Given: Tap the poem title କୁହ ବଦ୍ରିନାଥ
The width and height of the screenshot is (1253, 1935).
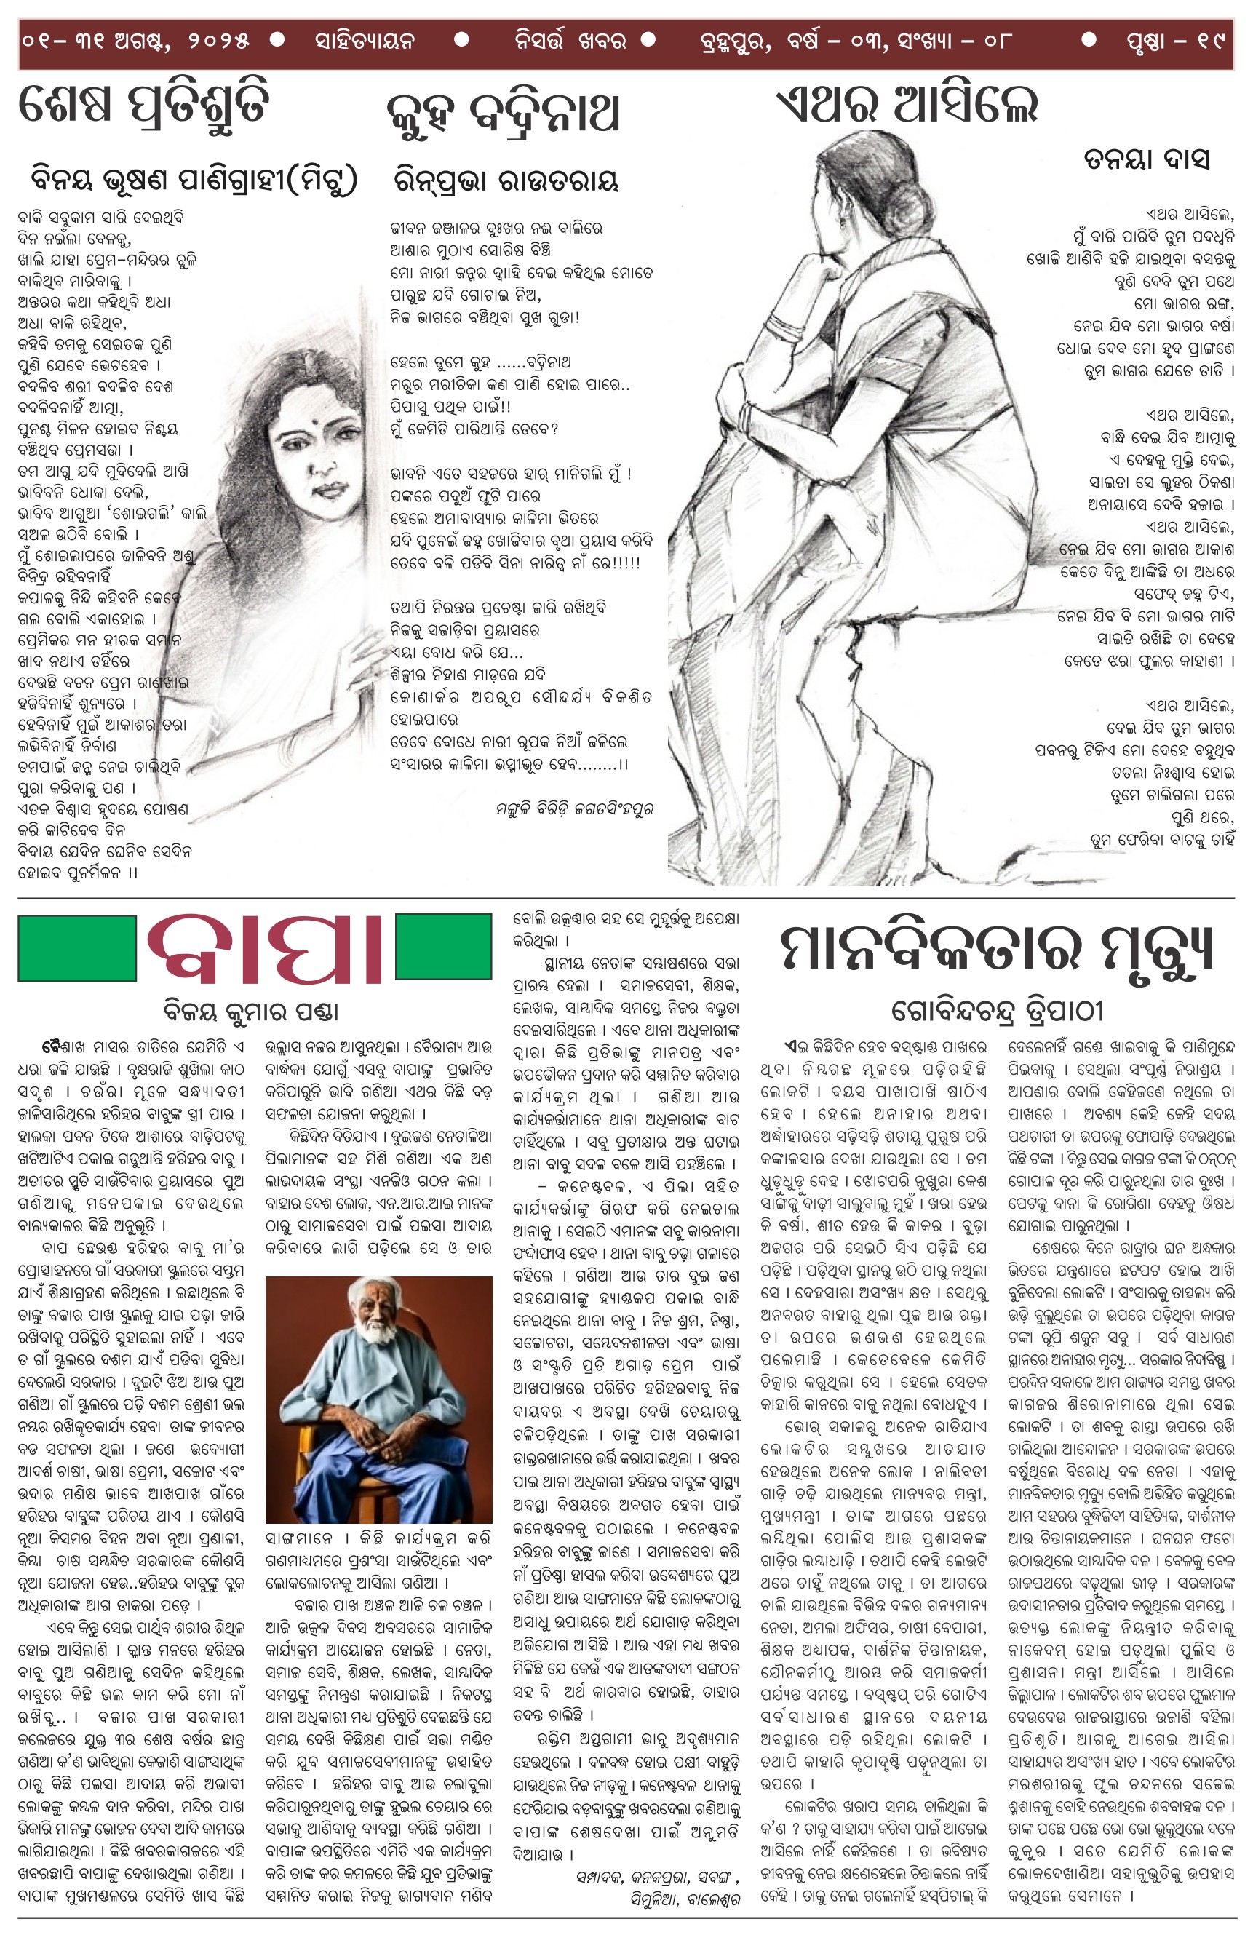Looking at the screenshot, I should (504, 113).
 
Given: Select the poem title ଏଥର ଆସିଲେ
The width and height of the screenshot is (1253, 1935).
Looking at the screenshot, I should (907, 105).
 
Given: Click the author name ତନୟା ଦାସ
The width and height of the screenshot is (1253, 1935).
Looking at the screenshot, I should (1147, 159).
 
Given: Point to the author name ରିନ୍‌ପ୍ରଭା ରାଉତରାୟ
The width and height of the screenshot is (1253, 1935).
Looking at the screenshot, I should (506, 180).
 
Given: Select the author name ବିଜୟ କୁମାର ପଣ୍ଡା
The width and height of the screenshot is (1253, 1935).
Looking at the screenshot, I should (250, 1012).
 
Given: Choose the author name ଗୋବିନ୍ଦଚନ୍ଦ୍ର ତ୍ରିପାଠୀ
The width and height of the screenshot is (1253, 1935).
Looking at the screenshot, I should (998, 1011).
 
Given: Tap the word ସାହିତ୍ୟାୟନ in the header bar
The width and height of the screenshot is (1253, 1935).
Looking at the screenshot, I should (365, 40).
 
